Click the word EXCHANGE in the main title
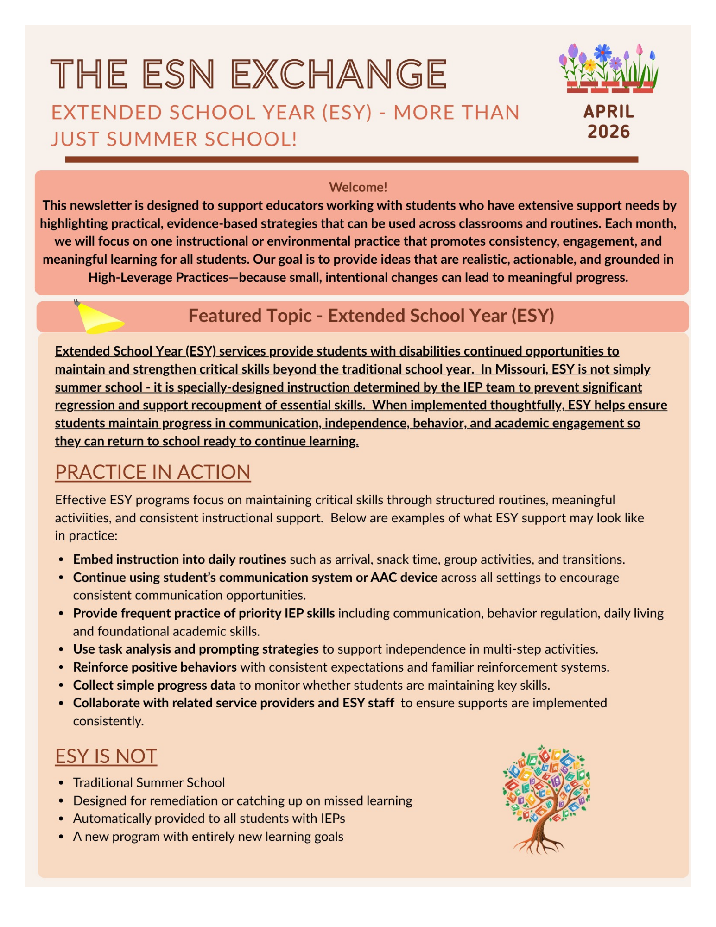pyautogui.click(x=339, y=74)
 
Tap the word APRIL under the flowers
pyautogui.click(x=608, y=111)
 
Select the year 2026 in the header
pyautogui.click(x=608, y=132)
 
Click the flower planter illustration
pyautogui.click(x=609, y=69)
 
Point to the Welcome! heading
pyautogui.click(x=358, y=187)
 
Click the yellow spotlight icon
pyautogui.click(x=99, y=318)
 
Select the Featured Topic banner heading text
pyautogui.click(x=371, y=316)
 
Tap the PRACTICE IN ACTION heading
pyautogui.click(x=152, y=472)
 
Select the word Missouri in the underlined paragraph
pyautogui.click(x=522, y=369)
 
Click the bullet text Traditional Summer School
pyautogui.click(x=149, y=783)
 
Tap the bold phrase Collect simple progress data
pyautogui.click(x=154, y=686)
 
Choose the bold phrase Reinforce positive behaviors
pyautogui.click(x=155, y=667)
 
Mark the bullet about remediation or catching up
pyautogui.click(x=242, y=801)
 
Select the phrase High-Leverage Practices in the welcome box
pyautogui.click(x=158, y=278)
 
